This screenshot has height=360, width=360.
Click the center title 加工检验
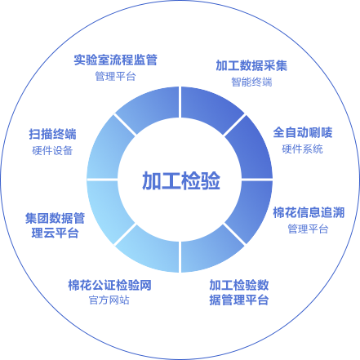pyautogui.click(x=181, y=180)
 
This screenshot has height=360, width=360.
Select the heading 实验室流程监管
pyautogui.click(x=116, y=60)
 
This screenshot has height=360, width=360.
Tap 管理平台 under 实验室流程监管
pyautogui.click(x=115, y=76)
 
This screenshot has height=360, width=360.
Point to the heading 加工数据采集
pyautogui.click(x=251, y=65)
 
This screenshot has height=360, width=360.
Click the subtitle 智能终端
pyautogui.click(x=251, y=82)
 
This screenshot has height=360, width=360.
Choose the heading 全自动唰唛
pyautogui.click(x=303, y=132)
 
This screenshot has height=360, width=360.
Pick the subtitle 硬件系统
pyautogui.click(x=302, y=149)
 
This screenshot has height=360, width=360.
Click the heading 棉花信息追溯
pyautogui.click(x=309, y=212)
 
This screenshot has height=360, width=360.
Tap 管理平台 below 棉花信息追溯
pyautogui.click(x=308, y=229)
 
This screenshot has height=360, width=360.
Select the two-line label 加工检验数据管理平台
pyautogui.click(x=239, y=292)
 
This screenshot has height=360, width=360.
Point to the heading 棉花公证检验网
pyautogui.click(x=109, y=285)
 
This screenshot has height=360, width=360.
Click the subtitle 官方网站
pyautogui.click(x=109, y=300)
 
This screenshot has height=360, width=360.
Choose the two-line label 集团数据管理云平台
pyautogui.click(x=55, y=225)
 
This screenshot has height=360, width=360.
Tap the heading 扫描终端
pyautogui.click(x=53, y=134)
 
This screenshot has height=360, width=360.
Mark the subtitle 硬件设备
pyautogui.click(x=52, y=150)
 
